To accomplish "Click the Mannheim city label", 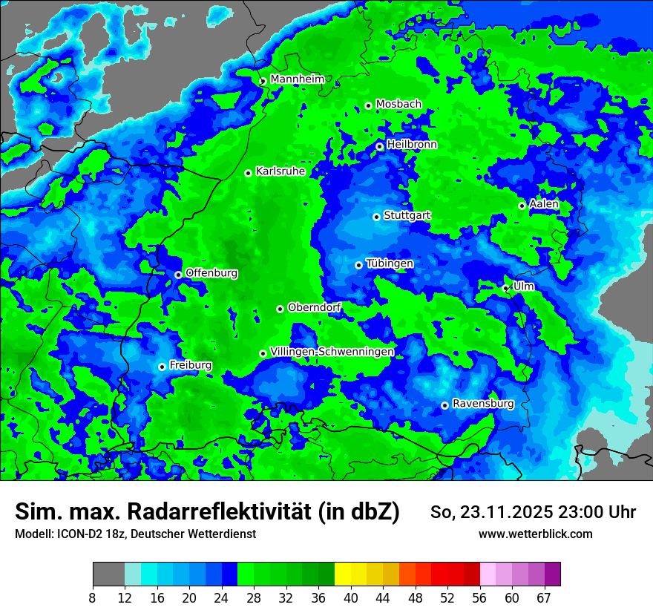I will [x=297, y=79].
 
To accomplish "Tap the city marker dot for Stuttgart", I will [x=376, y=217].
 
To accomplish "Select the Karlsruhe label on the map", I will [x=280, y=171].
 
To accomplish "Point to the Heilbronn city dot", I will [x=379, y=146].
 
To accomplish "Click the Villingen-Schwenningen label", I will [x=332, y=352].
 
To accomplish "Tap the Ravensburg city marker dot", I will [x=444, y=405].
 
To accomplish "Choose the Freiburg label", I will [x=191, y=365].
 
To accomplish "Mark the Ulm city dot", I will [x=505, y=288].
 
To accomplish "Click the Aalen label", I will [x=544, y=204].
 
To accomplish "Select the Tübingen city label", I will [x=390, y=263].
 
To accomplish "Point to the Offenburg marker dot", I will [x=178, y=275].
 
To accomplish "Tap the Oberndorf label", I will [x=314, y=307].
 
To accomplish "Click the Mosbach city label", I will [x=398, y=104].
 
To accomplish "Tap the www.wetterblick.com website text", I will [x=536, y=534].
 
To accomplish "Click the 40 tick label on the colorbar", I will [x=351, y=597].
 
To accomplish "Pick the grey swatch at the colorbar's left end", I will [x=108, y=574].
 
